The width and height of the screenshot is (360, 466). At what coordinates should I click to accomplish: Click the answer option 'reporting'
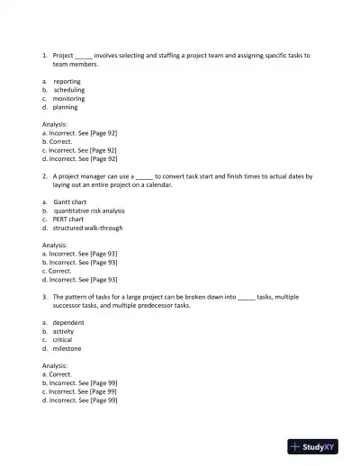click(x=67, y=81)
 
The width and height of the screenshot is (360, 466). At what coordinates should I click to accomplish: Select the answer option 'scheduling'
click(x=68, y=90)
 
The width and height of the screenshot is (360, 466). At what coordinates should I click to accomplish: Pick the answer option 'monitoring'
click(x=68, y=98)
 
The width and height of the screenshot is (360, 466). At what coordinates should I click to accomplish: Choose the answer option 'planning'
click(x=65, y=107)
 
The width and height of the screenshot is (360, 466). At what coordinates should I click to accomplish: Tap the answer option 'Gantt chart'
click(x=69, y=202)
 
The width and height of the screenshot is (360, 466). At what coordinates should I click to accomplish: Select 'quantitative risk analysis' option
click(x=89, y=211)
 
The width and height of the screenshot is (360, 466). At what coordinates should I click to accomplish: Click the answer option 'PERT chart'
click(x=68, y=219)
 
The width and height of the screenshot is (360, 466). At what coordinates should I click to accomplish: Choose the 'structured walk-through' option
click(x=87, y=228)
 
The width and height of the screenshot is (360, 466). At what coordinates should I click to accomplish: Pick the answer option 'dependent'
click(x=68, y=322)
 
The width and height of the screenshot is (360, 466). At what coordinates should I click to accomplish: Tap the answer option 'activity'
click(x=63, y=331)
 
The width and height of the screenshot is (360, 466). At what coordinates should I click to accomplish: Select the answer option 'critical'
click(x=63, y=340)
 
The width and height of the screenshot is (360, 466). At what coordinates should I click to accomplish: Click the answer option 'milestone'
click(x=67, y=348)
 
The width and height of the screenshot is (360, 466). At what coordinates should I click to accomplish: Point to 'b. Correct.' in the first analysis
click(x=58, y=141)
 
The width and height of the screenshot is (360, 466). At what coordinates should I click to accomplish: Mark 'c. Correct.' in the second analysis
click(x=58, y=271)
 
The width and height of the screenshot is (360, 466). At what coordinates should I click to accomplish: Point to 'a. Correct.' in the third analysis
click(x=58, y=374)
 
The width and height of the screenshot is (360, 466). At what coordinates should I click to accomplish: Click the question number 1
click(x=44, y=56)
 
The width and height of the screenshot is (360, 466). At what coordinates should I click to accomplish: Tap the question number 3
click(x=44, y=297)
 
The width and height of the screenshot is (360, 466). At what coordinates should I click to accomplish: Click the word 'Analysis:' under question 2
click(x=55, y=245)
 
